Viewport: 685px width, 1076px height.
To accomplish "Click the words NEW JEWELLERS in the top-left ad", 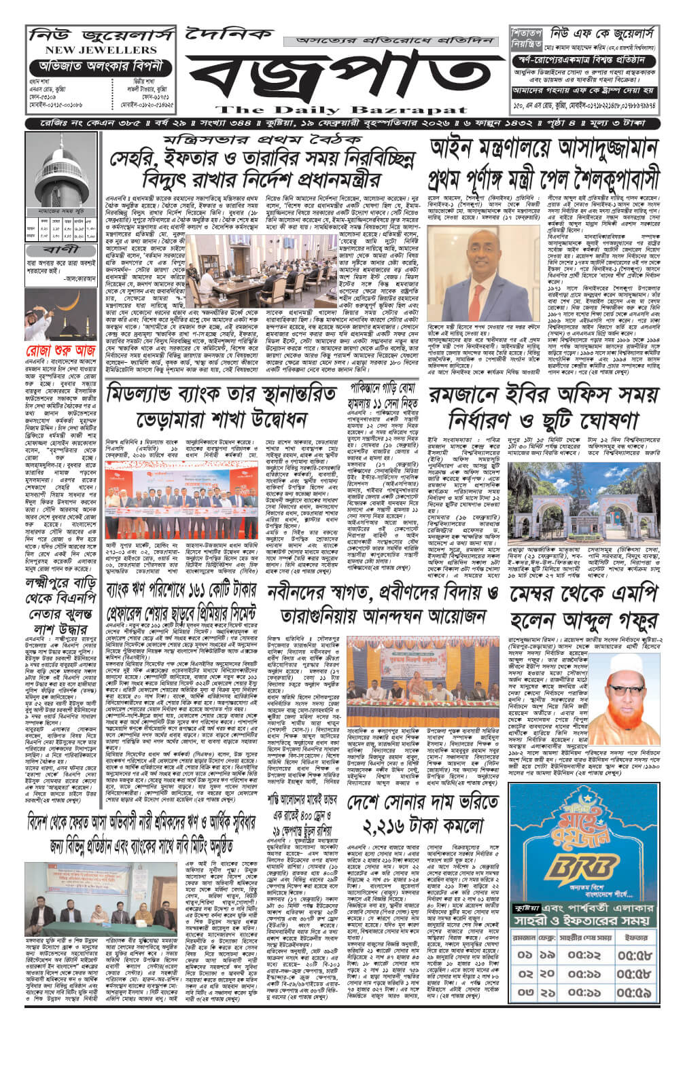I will pyautogui.click(x=101, y=50).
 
